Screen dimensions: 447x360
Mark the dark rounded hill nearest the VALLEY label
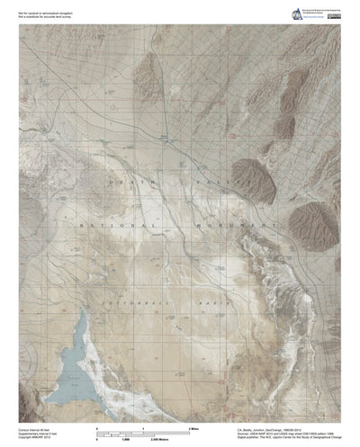253,176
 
